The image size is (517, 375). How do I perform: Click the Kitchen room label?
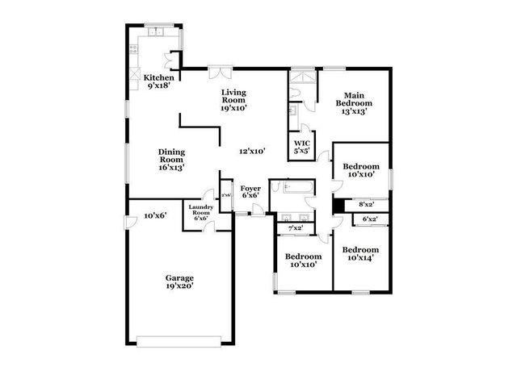click(158, 78)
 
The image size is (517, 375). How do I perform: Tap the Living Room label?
click(234, 98)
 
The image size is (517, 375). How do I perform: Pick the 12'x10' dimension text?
click(252, 150)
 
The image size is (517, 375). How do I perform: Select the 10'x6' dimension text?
click(154, 215)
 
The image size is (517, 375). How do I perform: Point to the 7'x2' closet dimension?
click(296, 228)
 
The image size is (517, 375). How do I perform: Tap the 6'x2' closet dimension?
click(371, 219)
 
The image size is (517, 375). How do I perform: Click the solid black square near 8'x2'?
click(338, 205)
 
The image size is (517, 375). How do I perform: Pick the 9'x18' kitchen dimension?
click(158, 86)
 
